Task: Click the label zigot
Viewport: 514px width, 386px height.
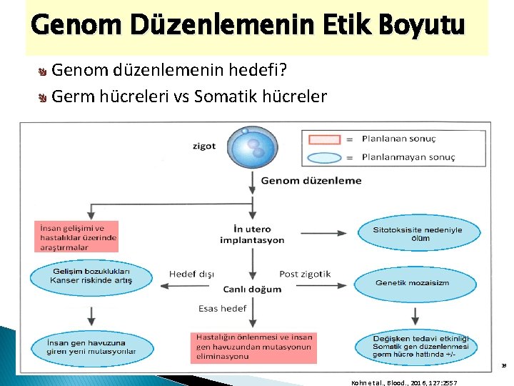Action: pyautogui.click(x=203, y=146)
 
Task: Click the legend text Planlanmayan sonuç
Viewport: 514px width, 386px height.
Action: pyautogui.click(x=408, y=157)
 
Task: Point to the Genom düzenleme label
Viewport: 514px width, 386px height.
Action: pyautogui.click(x=311, y=181)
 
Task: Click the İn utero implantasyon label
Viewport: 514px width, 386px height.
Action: pyautogui.click(x=252, y=235)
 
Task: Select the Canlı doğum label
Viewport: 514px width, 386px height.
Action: pyautogui.click(x=252, y=289)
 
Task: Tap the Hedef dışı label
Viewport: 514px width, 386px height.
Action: pyautogui.click(x=191, y=274)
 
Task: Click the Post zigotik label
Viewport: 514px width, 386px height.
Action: pyautogui.click(x=305, y=274)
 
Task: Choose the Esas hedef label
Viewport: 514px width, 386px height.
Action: pyautogui.click(x=222, y=308)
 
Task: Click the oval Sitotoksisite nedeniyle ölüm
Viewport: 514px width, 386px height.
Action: pyautogui.click(x=416, y=234)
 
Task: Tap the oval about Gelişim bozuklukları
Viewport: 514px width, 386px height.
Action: pyautogui.click(x=91, y=277)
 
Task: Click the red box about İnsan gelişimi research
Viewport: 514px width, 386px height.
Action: pyautogui.click(x=76, y=237)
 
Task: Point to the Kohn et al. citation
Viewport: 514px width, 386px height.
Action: pyautogui.click(x=404, y=383)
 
